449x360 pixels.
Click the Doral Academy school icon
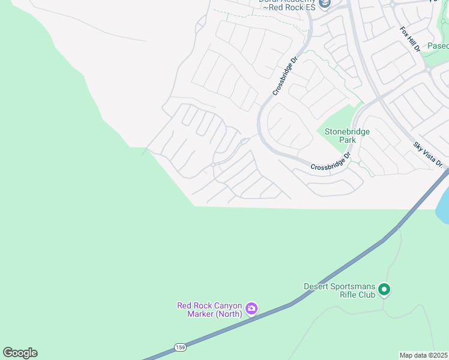click(x=325, y=4)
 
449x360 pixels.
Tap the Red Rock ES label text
click(x=292, y=8)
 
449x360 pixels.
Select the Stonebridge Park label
click(x=347, y=136)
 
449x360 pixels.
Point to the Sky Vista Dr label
click(x=427, y=155)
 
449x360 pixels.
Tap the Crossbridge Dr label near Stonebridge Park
click(x=330, y=162)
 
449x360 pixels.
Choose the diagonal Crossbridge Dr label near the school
click(x=285, y=76)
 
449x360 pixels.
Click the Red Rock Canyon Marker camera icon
click(x=252, y=310)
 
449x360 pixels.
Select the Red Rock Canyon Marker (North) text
click(x=209, y=310)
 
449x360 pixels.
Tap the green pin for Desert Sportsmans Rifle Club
click(x=384, y=290)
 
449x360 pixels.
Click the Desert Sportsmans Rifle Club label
click(x=340, y=290)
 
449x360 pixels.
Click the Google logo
click(x=20, y=353)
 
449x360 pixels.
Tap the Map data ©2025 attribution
click(x=423, y=355)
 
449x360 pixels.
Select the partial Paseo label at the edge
click(x=438, y=46)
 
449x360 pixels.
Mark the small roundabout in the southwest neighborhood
click(x=213, y=164)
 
